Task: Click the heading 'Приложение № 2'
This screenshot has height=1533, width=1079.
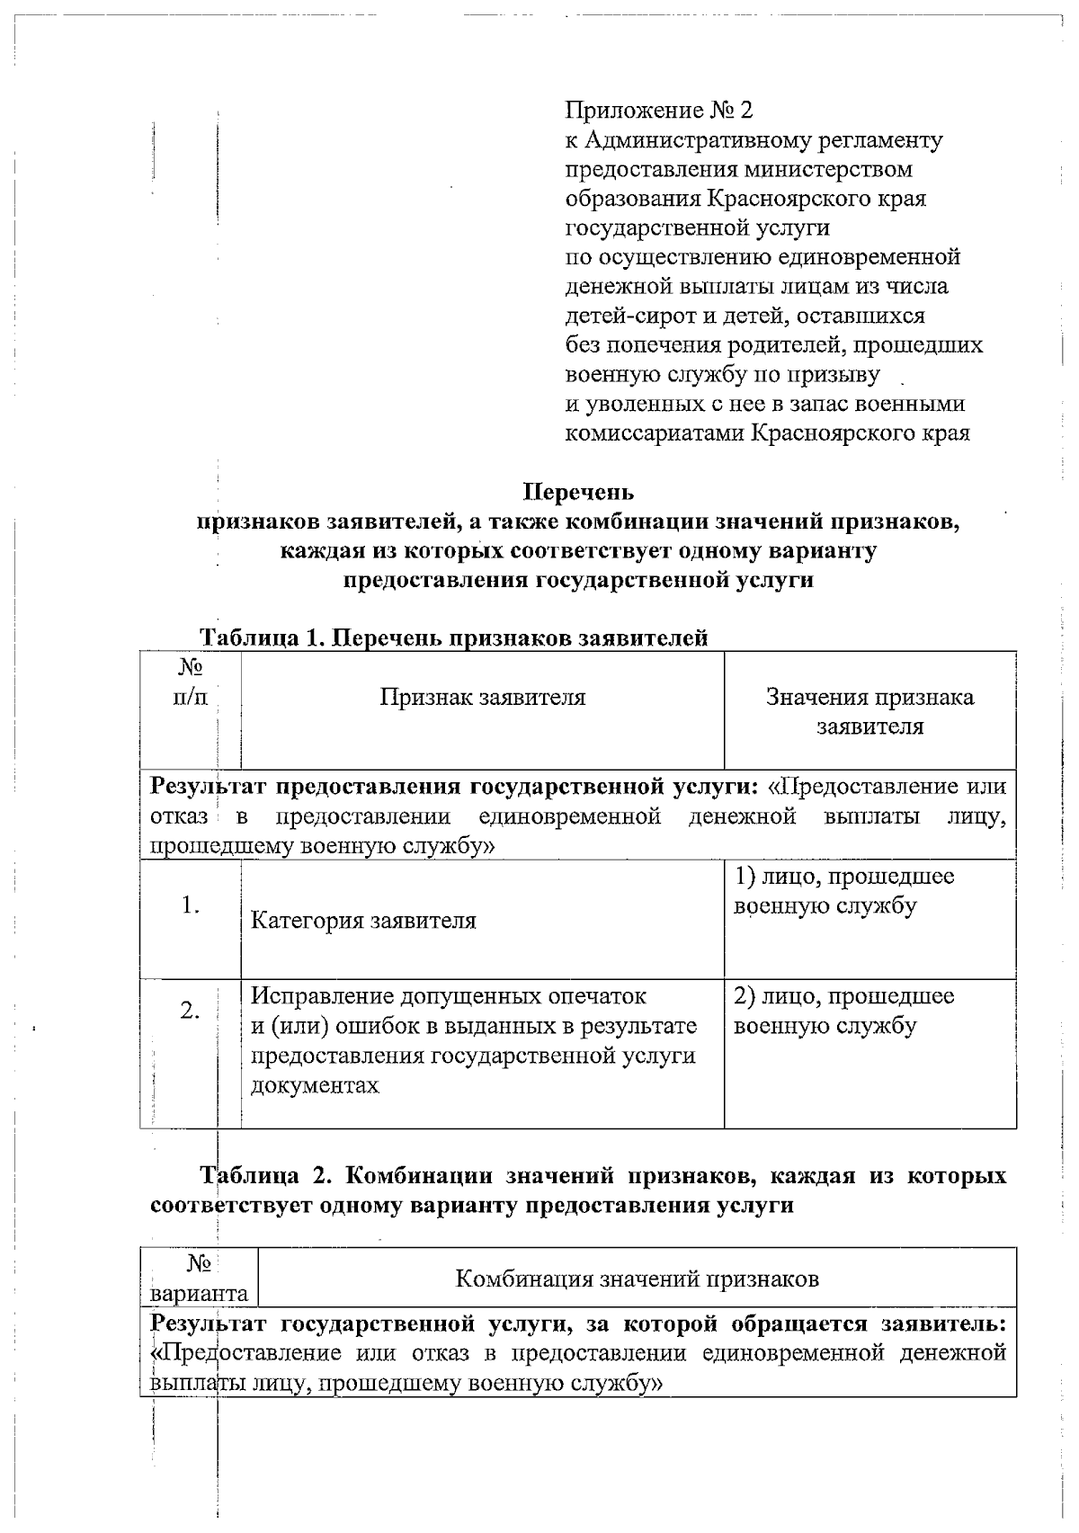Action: [x=658, y=111]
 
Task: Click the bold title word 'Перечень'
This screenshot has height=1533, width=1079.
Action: [x=578, y=492]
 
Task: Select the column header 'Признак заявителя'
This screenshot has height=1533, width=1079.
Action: [x=482, y=697]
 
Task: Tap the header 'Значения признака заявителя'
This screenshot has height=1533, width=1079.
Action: [x=869, y=711]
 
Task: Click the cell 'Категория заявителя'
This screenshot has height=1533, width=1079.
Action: [x=362, y=921]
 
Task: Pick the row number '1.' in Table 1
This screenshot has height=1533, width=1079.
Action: [x=190, y=905]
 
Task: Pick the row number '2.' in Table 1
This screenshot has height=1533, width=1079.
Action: [x=190, y=1011]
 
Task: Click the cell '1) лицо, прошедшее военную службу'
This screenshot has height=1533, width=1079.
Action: [x=843, y=890]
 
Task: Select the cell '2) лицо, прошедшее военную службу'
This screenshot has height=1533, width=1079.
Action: [x=843, y=1011]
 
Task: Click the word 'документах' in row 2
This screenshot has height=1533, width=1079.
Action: [x=314, y=1085]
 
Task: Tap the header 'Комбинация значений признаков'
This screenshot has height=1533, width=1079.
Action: [x=637, y=1278]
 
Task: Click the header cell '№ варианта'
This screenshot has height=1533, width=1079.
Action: [x=199, y=1279]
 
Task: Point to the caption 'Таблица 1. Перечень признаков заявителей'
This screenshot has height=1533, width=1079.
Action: [x=453, y=637]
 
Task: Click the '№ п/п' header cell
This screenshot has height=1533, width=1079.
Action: [x=190, y=682]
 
